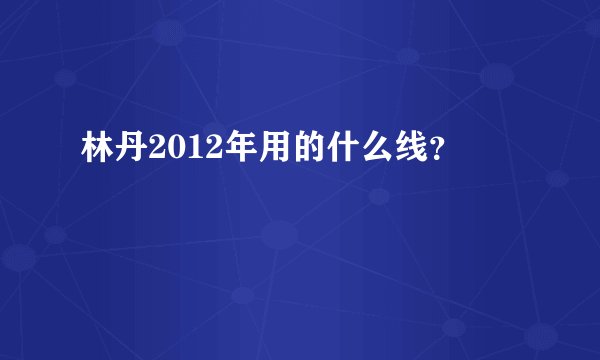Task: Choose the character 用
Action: pyautogui.click(x=251, y=151)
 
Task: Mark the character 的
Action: pyautogui.click(x=283, y=151)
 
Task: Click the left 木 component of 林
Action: pyautogui.click(x=89, y=151)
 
